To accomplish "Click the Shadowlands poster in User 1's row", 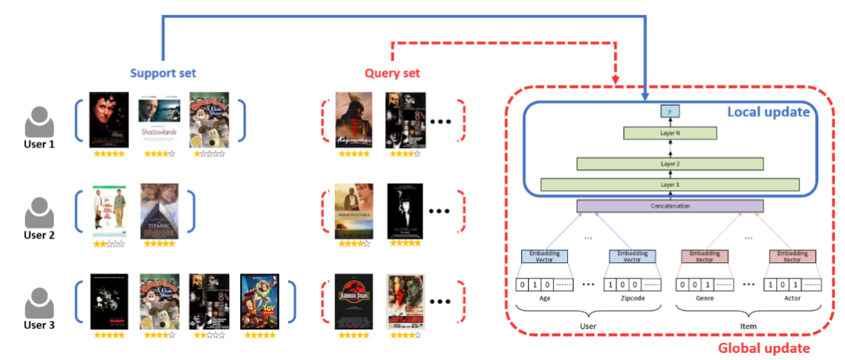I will (159, 119).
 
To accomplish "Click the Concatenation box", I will (669, 206).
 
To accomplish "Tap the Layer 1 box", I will (669, 185).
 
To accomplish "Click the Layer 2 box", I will (669, 164).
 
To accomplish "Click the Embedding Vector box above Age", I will (544, 256).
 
